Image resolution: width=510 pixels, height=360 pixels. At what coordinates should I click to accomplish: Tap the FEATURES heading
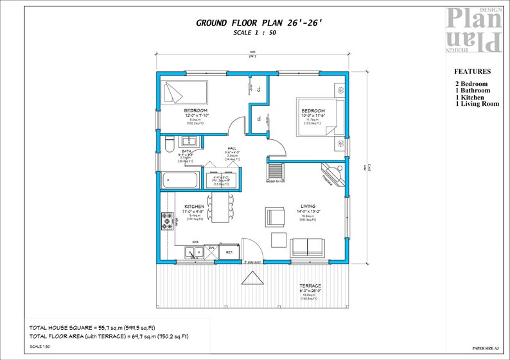(x=472, y=72)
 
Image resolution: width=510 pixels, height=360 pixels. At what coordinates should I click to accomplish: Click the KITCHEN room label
(x=194, y=206)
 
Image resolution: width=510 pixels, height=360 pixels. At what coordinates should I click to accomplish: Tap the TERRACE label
(x=310, y=286)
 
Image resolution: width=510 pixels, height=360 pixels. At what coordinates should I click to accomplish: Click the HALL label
(x=232, y=148)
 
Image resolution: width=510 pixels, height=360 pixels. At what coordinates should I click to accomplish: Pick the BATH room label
(x=186, y=151)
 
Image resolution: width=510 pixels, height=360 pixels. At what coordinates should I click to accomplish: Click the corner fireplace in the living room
(x=334, y=173)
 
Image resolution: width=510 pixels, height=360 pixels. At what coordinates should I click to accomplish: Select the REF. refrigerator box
(x=228, y=252)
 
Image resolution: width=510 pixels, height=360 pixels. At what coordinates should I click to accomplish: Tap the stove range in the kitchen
(x=167, y=222)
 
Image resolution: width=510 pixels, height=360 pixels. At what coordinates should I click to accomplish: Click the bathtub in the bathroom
(x=181, y=180)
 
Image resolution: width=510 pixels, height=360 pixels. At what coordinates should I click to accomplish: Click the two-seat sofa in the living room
(x=307, y=247)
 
